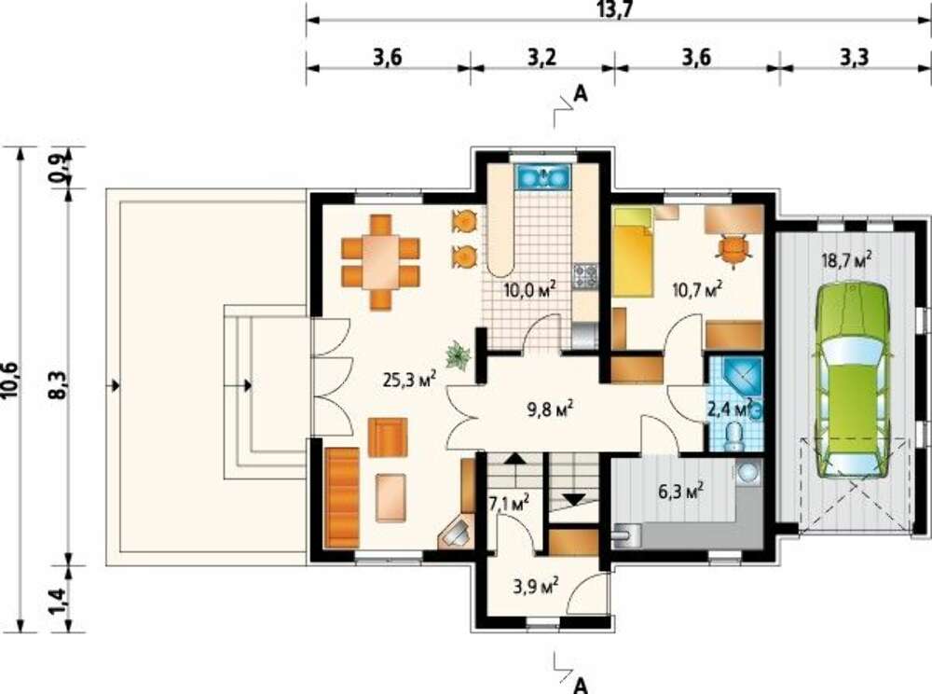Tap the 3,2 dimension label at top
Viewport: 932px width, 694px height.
point(542,58)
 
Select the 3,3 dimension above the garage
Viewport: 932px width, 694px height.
point(854,58)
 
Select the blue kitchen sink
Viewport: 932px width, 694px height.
point(543,176)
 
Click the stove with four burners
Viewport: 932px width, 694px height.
point(585,276)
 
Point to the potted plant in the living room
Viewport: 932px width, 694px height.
point(459,355)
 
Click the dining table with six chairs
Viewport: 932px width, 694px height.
point(380,262)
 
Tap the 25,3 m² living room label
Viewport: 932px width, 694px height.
point(410,379)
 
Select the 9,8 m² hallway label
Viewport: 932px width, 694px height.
point(550,409)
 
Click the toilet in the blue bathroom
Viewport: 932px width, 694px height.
point(735,437)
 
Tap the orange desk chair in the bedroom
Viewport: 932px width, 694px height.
point(733,250)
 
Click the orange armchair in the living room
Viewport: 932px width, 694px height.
point(388,437)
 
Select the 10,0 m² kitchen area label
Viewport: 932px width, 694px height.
point(530,289)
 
